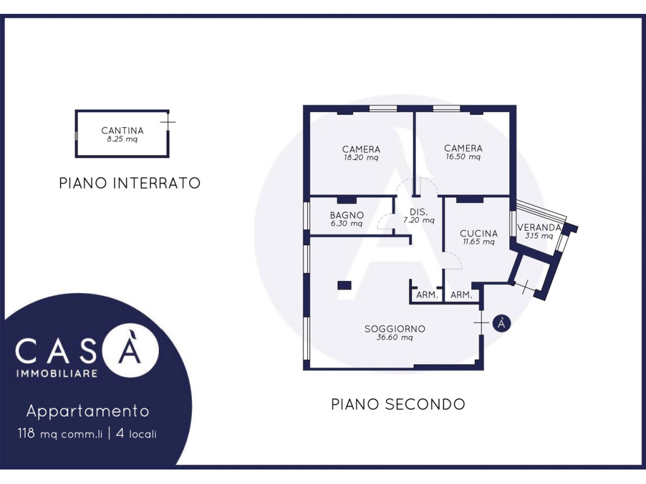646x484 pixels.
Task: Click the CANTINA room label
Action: (x=122, y=130)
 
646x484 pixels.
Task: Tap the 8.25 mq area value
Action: (x=122, y=139)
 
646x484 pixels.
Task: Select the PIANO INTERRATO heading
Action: (x=130, y=183)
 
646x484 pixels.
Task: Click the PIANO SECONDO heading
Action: (x=398, y=404)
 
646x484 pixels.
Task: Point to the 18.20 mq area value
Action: (x=361, y=157)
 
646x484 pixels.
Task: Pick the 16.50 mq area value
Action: (x=463, y=156)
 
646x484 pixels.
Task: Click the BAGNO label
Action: (x=347, y=215)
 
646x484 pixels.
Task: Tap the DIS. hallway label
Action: (x=419, y=212)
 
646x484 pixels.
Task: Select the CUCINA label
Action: (x=479, y=233)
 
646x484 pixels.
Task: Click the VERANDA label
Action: (x=539, y=227)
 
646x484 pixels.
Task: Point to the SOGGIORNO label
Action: (x=395, y=329)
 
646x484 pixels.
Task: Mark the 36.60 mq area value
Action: (x=395, y=338)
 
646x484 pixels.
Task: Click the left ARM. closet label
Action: (x=427, y=295)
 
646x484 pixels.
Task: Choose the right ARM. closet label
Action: (x=461, y=295)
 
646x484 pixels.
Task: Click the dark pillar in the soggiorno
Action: (x=344, y=285)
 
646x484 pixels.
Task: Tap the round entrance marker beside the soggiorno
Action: (x=502, y=323)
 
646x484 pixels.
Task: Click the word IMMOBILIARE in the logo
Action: (x=57, y=374)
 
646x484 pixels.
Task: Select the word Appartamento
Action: (x=88, y=411)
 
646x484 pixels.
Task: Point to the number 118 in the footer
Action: (x=26, y=434)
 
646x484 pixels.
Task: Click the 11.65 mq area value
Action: (x=478, y=241)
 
